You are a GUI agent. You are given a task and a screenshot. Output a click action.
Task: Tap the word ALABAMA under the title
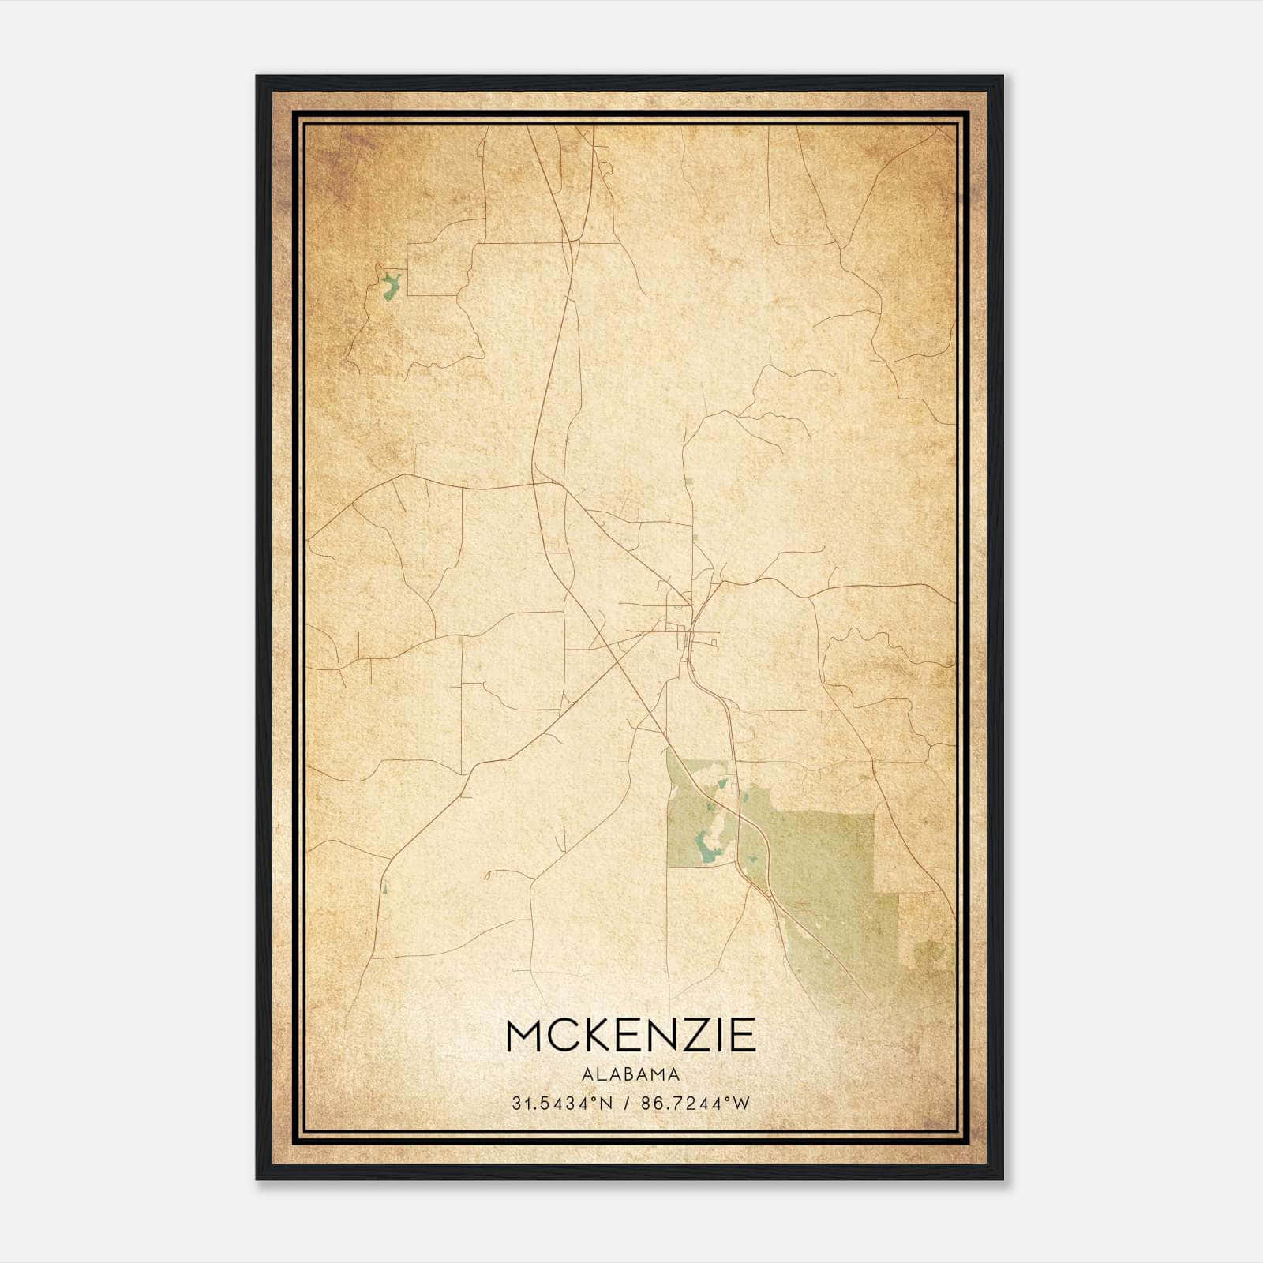pos(631,1074)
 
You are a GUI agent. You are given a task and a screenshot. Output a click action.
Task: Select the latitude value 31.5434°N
pos(562,1104)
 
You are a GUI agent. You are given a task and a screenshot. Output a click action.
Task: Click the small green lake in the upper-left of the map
pos(390,285)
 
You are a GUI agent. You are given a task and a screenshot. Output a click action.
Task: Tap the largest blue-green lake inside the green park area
pos(705,848)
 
